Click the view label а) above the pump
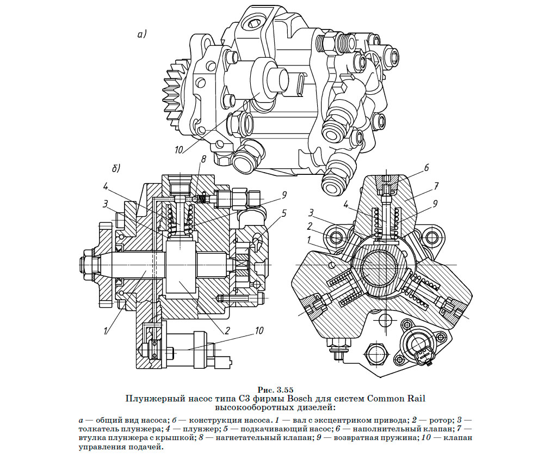coord(142,35)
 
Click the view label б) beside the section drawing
coord(116,168)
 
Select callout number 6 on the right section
coord(427,167)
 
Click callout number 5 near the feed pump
coord(283,214)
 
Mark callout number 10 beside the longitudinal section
coord(259,331)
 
